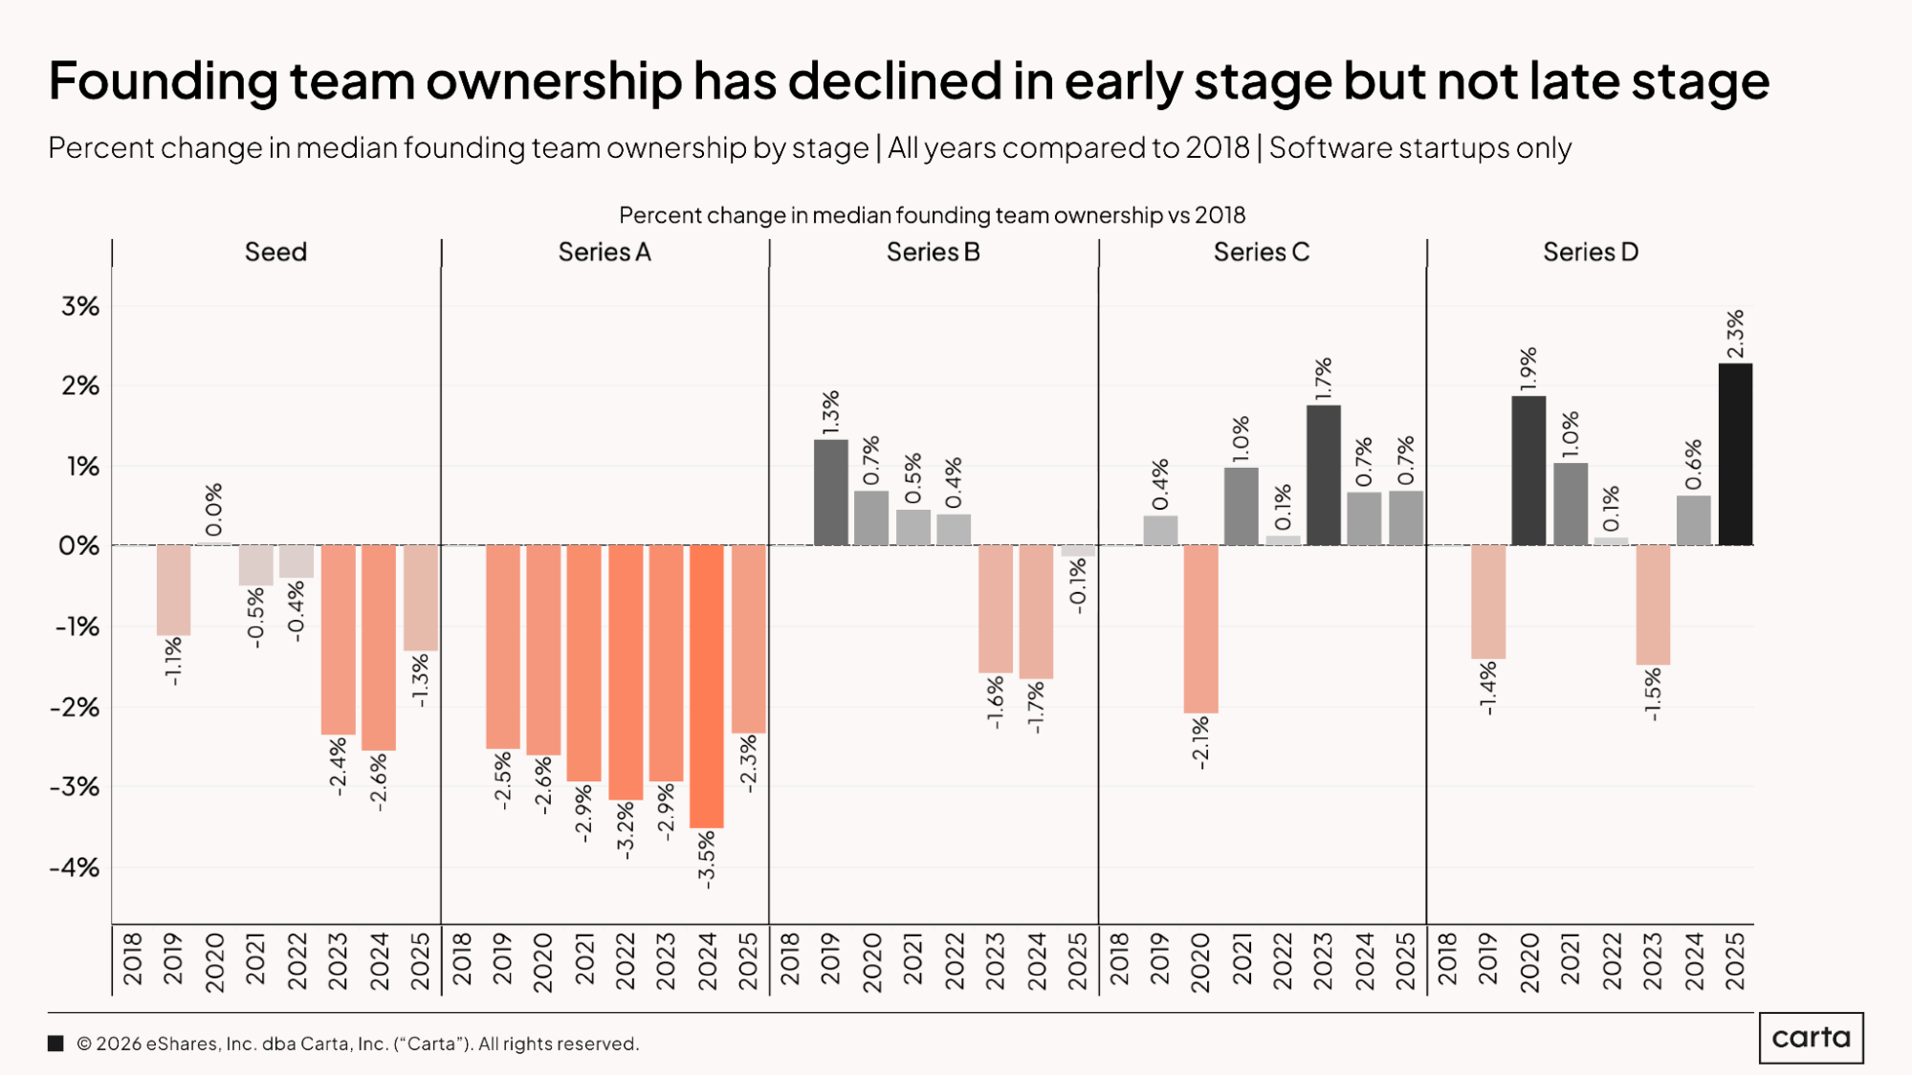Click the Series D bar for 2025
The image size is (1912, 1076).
[1735, 454]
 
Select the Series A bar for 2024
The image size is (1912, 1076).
[707, 686]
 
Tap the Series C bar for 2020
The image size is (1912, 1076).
[1200, 628]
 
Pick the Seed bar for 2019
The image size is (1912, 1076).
[173, 590]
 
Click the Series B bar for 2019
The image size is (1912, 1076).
[830, 493]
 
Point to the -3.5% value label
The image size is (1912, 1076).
[707, 859]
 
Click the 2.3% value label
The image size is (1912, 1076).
[1735, 334]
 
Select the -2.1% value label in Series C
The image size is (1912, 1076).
[1200, 743]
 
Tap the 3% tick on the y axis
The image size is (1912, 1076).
[80, 306]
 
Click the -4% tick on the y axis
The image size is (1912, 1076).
[75, 867]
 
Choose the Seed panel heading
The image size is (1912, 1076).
[275, 252]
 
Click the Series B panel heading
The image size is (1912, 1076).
[933, 252]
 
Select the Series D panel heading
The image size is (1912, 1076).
[1590, 252]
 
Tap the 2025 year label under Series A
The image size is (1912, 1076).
[748, 961]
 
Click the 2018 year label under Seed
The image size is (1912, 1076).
[132, 961]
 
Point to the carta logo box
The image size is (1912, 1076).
[1811, 1038]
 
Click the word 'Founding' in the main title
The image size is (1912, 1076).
[163, 80]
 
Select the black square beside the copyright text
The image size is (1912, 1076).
[55, 1043]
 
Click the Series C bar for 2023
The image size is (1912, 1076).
[1324, 475]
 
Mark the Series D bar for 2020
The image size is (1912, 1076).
[1528, 471]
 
